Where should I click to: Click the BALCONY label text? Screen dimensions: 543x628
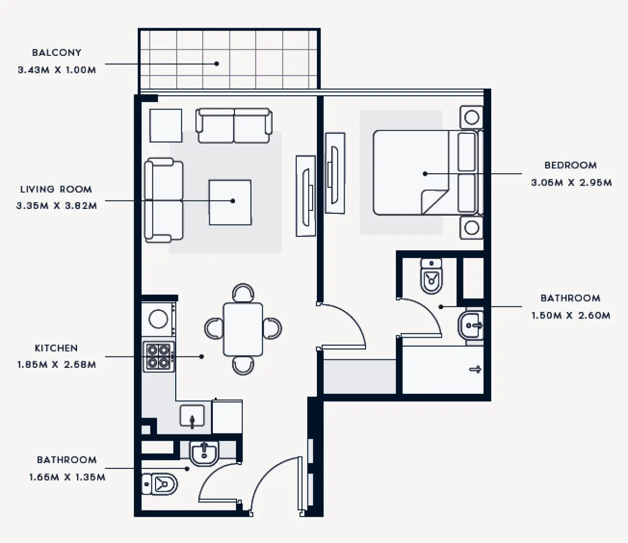click(x=56, y=52)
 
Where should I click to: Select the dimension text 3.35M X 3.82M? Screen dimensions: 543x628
click(x=56, y=206)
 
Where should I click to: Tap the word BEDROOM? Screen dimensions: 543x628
click(x=570, y=165)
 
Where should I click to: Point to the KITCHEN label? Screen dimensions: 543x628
click(x=56, y=348)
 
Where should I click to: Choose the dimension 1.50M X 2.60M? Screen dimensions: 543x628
click(x=571, y=315)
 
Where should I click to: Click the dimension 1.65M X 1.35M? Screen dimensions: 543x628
click(x=67, y=477)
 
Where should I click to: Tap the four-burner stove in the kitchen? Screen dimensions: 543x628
click(x=158, y=356)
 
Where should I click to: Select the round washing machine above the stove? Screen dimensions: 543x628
click(x=158, y=319)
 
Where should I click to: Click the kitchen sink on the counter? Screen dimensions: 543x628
click(x=192, y=416)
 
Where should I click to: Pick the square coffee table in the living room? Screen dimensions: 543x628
click(x=230, y=202)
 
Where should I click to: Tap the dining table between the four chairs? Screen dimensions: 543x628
click(x=243, y=329)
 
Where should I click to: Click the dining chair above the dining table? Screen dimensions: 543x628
click(x=243, y=292)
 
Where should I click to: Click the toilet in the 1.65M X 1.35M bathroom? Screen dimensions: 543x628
click(x=160, y=484)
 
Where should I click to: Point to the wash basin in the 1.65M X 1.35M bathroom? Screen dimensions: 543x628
click(x=204, y=453)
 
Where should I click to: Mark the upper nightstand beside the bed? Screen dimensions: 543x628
click(x=471, y=117)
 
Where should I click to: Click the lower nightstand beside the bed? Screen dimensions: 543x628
click(x=471, y=228)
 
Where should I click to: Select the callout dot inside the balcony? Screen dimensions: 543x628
click(x=216, y=63)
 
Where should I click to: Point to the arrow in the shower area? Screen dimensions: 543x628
click(x=475, y=369)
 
